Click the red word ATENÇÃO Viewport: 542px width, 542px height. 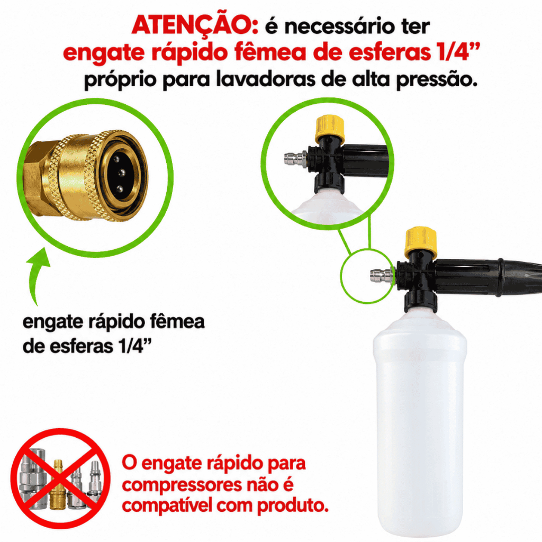195,25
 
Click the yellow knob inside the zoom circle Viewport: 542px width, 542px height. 330,128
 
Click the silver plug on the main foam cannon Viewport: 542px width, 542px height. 382,276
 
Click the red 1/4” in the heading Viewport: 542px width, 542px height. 458,52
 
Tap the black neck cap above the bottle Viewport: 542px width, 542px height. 420,300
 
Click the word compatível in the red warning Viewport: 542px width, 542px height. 167,506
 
